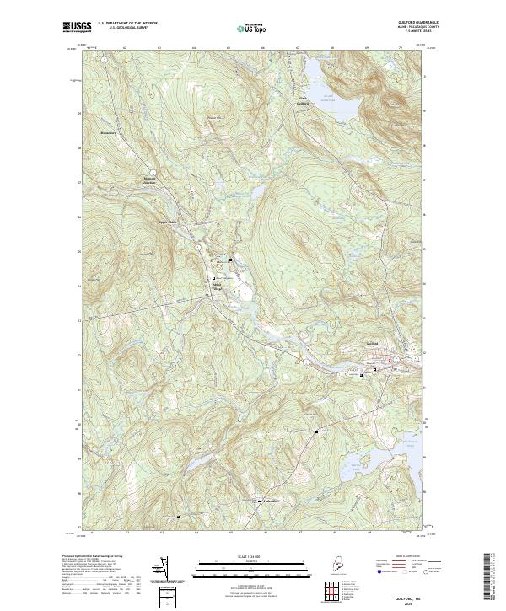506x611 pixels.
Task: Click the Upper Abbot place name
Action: pyautogui.click(x=169, y=222)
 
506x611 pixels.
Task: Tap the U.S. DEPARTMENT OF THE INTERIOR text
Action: pyautogui.click(x=127, y=23)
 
